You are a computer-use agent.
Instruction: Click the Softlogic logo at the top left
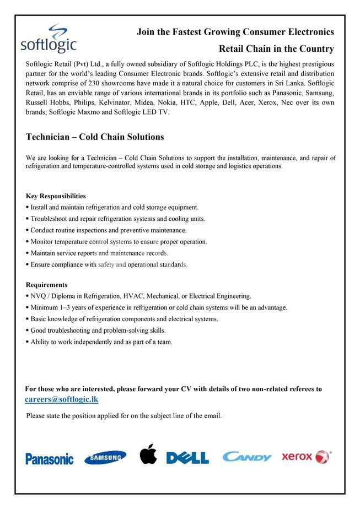(x=49, y=39)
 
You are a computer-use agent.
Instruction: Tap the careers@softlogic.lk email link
(x=62, y=399)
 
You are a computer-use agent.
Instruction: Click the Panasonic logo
(x=49, y=458)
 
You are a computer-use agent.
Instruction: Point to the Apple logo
(x=148, y=454)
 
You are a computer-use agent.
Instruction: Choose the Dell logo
(x=187, y=458)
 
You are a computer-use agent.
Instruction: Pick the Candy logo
(x=246, y=457)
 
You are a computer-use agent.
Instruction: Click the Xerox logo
(x=306, y=457)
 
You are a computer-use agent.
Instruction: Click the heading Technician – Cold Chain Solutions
(x=95, y=137)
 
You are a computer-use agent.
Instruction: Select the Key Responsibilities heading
(x=56, y=196)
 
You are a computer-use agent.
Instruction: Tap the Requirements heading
(x=47, y=285)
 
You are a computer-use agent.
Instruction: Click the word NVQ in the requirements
(x=38, y=296)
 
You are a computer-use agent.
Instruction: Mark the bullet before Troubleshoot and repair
(x=28, y=219)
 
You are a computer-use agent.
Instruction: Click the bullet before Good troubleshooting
(x=28, y=331)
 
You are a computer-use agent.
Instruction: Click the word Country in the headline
(x=315, y=49)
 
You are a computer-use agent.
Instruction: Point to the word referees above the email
(x=300, y=389)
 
